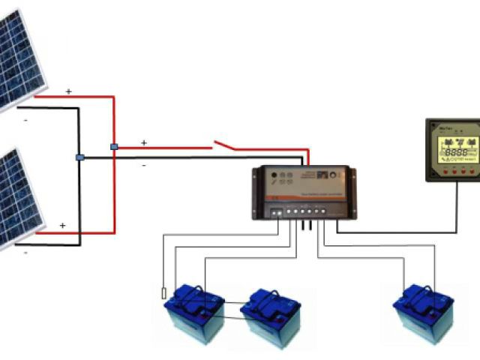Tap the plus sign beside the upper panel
[x=69, y=91]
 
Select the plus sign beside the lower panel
[x=63, y=225]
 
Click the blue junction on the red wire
[x=113, y=147]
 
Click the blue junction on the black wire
[x=79, y=157]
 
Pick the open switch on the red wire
[x=225, y=144]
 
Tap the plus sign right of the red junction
[x=144, y=142]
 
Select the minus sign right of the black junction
[x=143, y=164]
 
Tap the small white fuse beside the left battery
[x=164, y=292]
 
